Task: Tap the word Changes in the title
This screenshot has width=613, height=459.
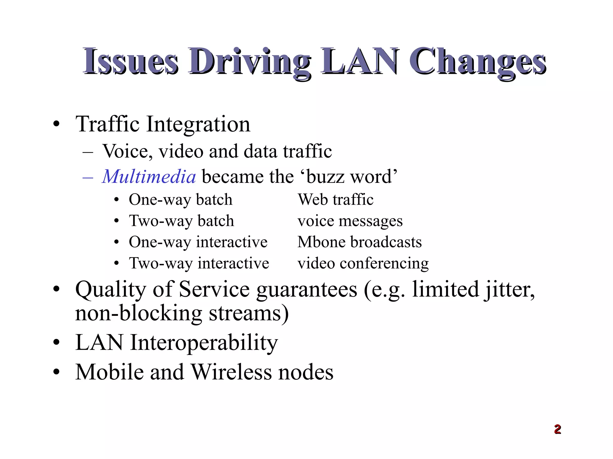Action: (478, 62)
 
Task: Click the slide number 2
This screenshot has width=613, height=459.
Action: (557, 429)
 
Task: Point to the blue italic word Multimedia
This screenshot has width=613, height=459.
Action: (149, 176)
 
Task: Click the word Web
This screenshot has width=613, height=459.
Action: (312, 199)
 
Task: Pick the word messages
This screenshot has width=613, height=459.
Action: (371, 221)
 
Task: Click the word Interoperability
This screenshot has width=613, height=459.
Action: (204, 342)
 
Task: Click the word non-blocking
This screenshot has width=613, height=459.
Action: (139, 313)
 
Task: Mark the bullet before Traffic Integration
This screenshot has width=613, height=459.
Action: (56, 124)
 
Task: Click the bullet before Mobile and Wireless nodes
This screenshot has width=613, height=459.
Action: (56, 372)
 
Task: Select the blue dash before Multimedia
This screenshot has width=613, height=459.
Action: (88, 177)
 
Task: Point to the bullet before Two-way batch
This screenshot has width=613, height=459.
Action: (117, 221)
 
